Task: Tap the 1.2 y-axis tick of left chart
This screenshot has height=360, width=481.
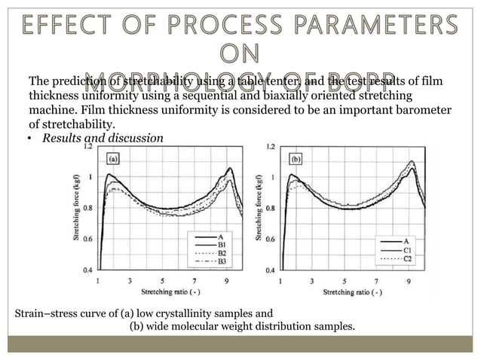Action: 88,147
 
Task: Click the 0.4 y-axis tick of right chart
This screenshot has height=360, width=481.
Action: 270,269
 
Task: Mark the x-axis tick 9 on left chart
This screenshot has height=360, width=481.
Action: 226,279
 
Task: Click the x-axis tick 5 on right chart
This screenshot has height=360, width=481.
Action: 344,279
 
